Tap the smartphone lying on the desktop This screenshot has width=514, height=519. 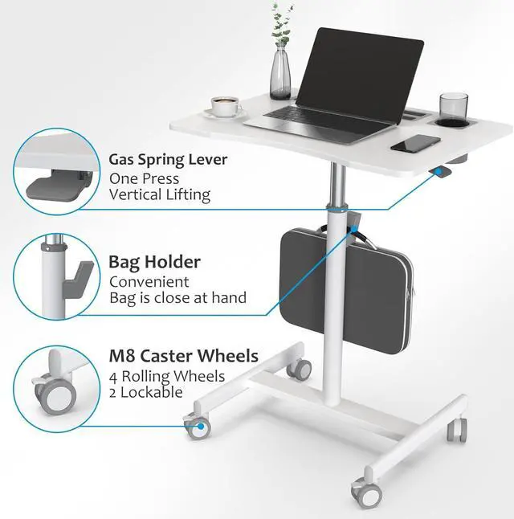click(x=416, y=144)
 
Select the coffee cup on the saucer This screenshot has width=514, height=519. click(x=226, y=106)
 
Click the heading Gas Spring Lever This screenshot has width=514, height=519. click(x=168, y=159)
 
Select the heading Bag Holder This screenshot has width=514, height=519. click(x=154, y=262)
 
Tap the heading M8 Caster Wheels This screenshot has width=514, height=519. click(x=183, y=356)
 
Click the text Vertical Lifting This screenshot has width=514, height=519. click(x=160, y=194)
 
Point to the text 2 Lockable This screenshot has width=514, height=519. click(x=145, y=393)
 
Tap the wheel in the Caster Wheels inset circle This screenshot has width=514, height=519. click(x=57, y=397)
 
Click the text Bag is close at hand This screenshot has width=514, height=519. click(x=177, y=298)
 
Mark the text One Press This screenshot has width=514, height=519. click(x=144, y=178)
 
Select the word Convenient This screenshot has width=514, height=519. click(x=149, y=281)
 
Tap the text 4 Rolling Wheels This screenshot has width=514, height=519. click(x=167, y=376)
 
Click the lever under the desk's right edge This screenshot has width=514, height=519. click(x=440, y=172)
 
